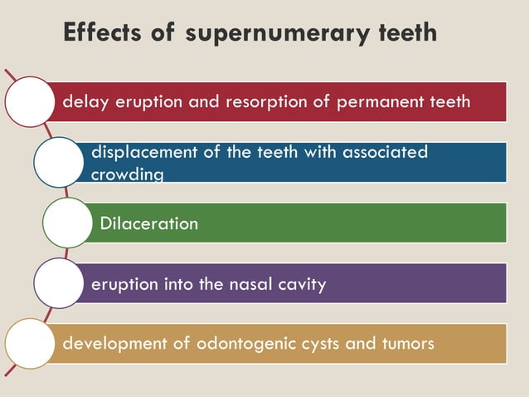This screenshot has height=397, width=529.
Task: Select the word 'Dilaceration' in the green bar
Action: click(148, 223)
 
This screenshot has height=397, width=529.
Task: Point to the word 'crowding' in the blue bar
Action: click(127, 174)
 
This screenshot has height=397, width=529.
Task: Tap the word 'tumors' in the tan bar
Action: click(407, 343)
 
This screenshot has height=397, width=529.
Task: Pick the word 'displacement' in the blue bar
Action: click(138, 152)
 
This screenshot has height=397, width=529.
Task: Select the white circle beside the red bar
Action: click(30, 101)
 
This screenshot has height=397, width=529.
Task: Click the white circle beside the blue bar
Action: click(58, 162)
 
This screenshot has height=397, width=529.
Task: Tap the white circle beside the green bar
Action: click(67, 223)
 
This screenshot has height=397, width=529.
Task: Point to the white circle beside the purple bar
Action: click(58, 283)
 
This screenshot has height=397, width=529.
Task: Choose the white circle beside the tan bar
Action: click(30, 343)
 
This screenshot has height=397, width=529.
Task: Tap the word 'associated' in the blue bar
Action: click(384, 152)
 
